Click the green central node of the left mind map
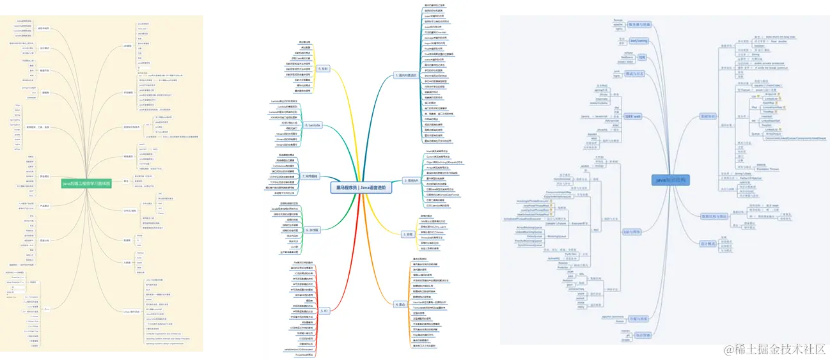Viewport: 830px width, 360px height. click(x=86, y=184)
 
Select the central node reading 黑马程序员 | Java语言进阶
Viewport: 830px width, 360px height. click(x=360, y=188)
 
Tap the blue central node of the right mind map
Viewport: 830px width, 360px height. click(x=671, y=180)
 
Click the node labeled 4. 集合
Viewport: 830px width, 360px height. click(x=400, y=304)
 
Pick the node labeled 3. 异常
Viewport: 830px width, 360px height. click(x=399, y=234)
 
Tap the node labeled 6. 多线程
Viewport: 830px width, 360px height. click(x=313, y=230)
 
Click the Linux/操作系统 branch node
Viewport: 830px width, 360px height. click(x=130, y=311)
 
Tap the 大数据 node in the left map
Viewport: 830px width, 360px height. click(x=127, y=262)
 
